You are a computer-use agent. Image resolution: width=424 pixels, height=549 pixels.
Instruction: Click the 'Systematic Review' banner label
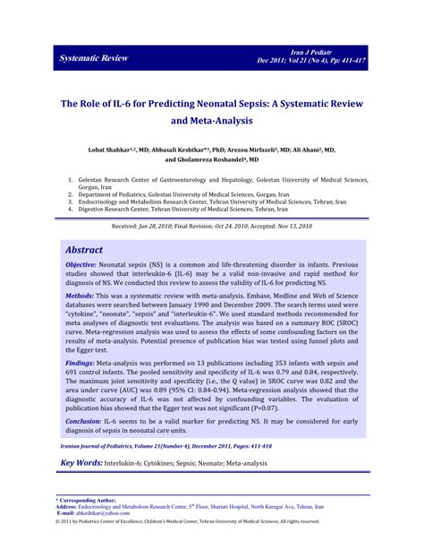(x=93, y=59)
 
